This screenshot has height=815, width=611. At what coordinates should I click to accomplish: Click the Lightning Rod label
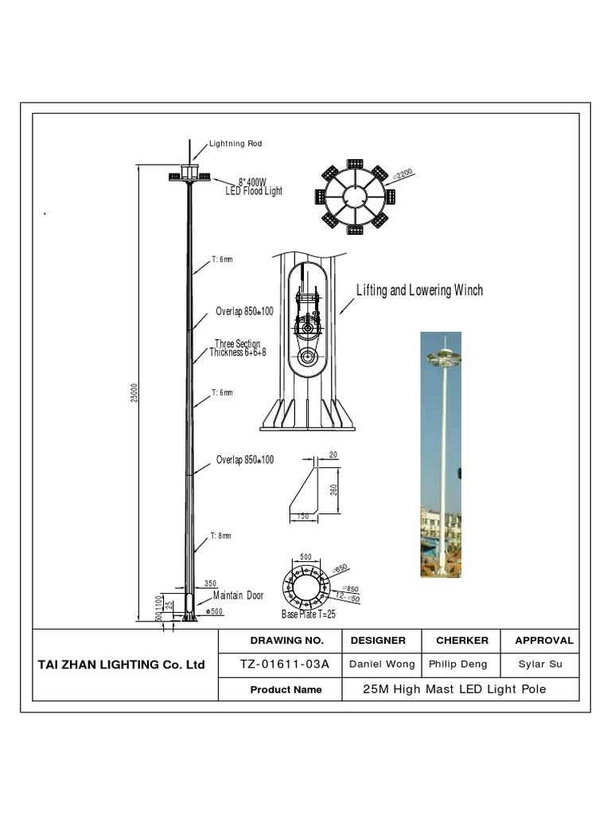(235, 144)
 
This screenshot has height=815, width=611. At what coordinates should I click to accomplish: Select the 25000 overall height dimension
(135, 392)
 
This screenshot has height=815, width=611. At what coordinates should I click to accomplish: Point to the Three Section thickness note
(237, 348)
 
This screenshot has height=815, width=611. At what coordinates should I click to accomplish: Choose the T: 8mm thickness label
(221, 536)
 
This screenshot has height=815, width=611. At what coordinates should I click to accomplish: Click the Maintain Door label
(238, 595)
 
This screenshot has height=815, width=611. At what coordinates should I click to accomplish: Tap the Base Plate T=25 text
(309, 614)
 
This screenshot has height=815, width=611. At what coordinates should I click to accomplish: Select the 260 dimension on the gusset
(335, 489)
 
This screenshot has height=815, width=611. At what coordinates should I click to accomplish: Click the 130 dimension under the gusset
(303, 517)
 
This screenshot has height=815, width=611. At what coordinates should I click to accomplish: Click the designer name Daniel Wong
(382, 665)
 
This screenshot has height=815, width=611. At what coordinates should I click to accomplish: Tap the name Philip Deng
(461, 665)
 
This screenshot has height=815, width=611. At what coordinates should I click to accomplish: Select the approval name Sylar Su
(540, 665)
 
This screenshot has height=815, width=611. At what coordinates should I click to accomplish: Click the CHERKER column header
(461, 640)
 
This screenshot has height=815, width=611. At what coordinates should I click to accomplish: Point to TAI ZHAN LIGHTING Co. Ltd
(122, 665)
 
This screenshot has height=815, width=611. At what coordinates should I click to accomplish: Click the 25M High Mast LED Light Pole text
(454, 689)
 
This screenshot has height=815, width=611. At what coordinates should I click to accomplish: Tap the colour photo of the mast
(441, 454)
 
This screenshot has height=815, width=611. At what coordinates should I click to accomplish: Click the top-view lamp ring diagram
(355, 197)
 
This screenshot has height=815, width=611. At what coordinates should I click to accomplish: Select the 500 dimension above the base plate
(305, 556)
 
